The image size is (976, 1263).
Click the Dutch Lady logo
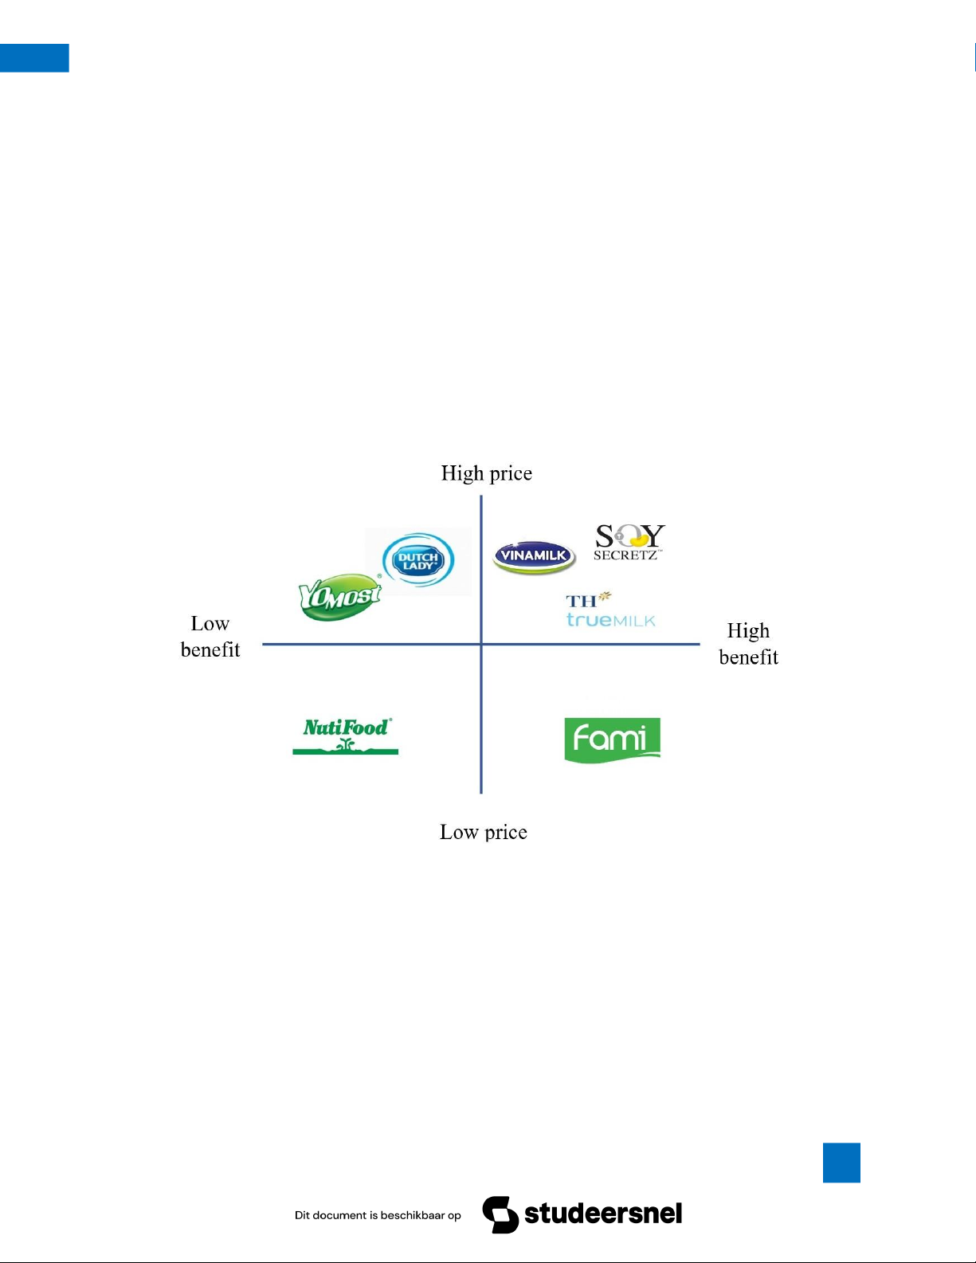(x=418, y=560)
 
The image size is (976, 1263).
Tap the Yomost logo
(x=340, y=596)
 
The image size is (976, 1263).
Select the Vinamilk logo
(x=534, y=556)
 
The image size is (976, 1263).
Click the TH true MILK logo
(x=610, y=610)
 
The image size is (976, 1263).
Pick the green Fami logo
(x=612, y=739)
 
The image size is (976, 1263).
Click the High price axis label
(x=486, y=473)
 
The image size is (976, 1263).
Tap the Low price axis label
(x=484, y=832)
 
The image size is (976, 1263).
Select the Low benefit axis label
(x=210, y=637)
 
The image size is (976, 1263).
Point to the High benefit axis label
(x=748, y=644)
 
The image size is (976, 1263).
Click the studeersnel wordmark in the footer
(x=603, y=1214)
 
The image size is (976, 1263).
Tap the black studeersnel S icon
(x=500, y=1214)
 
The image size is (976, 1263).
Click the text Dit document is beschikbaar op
(x=378, y=1215)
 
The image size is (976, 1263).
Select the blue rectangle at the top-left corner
(x=34, y=58)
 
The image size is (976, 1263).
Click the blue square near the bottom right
(x=841, y=1163)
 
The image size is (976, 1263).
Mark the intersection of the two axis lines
(x=481, y=644)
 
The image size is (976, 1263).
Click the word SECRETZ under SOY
(x=626, y=555)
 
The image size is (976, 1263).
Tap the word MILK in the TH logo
(x=634, y=621)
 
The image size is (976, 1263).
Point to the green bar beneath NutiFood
(x=345, y=751)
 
